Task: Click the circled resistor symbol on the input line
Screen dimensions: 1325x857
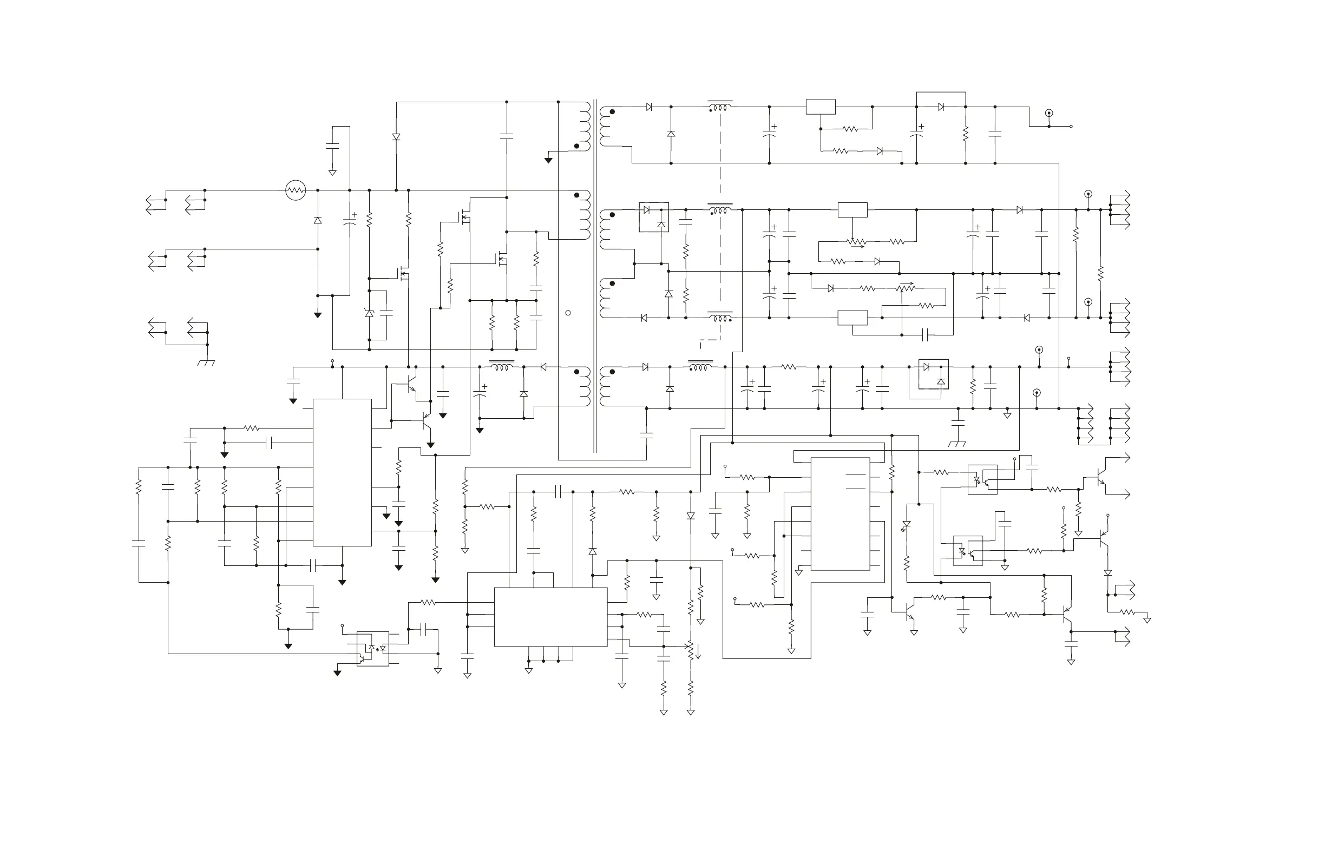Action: [x=296, y=190]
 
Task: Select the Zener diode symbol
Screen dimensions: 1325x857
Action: [x=369, y=313]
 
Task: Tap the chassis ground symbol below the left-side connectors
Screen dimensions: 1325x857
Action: [x=207, y=362]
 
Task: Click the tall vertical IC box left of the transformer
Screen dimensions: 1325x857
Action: [x=342, y=472]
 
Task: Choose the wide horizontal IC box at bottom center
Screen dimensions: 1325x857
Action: [x=550, y=617]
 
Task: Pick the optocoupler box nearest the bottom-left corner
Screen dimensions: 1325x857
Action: [x=372, y=648]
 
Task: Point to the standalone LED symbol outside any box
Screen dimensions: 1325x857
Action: [x=907, y=525]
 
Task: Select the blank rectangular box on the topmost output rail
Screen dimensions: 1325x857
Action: [x=821, y=107]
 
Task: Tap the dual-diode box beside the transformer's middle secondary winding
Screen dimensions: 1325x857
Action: [x=654, y=217]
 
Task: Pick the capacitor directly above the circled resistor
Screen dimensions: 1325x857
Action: [x=332, y=145]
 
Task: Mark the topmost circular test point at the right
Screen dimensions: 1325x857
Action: [x=1049, y=114]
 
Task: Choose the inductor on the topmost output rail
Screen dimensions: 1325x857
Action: [x=720, y=107]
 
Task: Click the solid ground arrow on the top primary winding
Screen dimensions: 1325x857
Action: [x=548, y=160]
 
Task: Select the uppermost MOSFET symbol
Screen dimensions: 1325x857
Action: [x=464, y=215]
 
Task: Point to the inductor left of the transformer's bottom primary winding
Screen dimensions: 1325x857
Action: [x=502, y=367]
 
